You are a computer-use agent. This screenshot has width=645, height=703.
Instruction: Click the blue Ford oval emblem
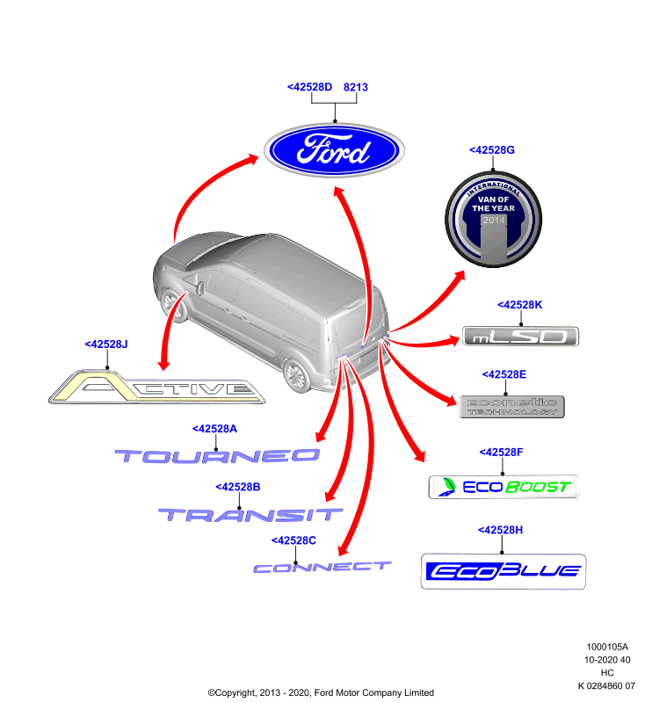click(334, 150)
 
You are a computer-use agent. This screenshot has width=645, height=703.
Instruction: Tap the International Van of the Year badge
click(493, 219)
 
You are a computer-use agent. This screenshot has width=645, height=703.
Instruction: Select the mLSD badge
click(520, 337)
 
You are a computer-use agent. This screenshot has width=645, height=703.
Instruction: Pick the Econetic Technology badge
click(512, 407)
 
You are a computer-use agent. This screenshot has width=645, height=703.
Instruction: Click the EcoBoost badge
click(504, 487)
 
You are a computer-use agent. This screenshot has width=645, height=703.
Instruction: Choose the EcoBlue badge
click(504, 572)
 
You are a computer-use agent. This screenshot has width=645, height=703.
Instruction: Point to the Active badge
click(156, 388)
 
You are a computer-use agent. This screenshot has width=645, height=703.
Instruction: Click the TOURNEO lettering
click(217, 456)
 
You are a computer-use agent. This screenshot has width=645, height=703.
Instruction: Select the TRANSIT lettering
click(250, 515)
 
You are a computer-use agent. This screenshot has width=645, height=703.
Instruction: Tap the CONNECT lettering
click(322, 568)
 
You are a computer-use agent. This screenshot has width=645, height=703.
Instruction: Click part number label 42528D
click(309, 87)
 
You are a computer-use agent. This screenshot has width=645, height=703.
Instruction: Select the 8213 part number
click(355, 87)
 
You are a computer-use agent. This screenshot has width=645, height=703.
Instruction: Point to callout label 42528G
click(492, 150)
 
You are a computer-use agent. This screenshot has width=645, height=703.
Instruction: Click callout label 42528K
click(519, 305)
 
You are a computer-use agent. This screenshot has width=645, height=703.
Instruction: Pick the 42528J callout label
click(106, 344)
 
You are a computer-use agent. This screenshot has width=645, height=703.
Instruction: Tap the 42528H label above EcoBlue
click(500, 530)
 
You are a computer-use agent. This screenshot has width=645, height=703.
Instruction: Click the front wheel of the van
click(173, 306)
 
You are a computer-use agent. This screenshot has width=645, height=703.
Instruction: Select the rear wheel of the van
click(296, 375)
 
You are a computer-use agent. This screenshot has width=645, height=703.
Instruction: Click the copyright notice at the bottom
click(321, 692)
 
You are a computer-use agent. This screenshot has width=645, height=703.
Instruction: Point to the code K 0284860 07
click(606, 686)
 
